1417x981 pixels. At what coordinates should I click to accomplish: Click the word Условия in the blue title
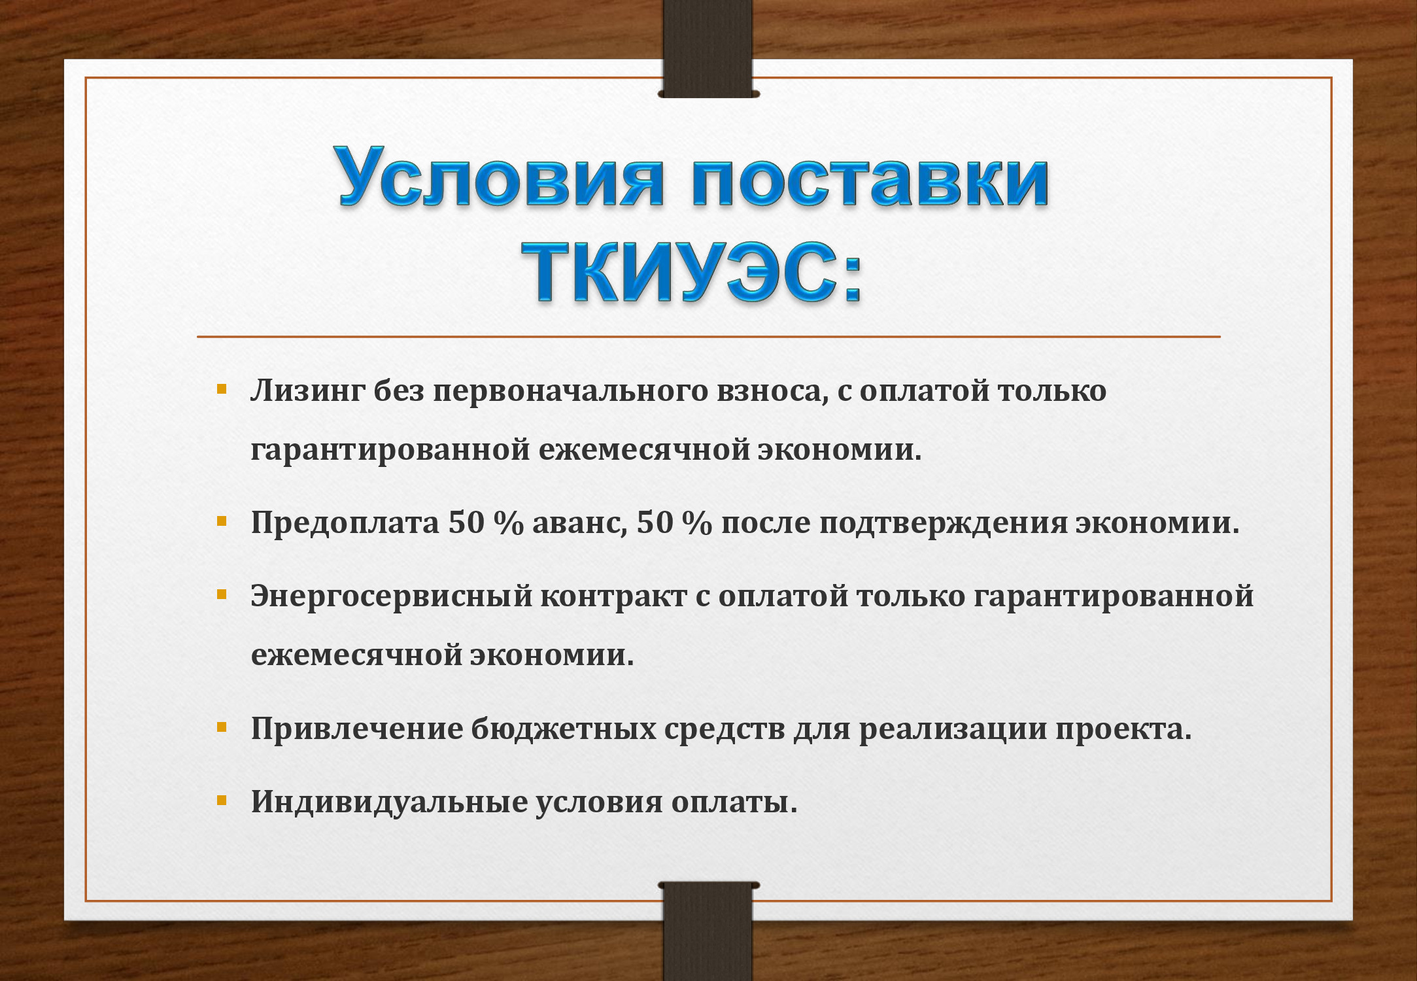pos(501,177)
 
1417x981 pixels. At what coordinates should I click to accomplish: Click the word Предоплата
pos(345,523)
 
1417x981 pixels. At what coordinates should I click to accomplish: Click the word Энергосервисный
pos(391,596)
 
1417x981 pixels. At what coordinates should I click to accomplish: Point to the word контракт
pos(613,596)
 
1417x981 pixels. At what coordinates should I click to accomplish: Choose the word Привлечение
pos(356,729)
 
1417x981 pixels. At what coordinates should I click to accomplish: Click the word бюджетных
pos(563,729)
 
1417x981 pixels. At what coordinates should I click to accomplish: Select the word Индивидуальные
pos(389,802)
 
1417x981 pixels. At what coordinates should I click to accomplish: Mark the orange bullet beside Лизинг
pos(222,390)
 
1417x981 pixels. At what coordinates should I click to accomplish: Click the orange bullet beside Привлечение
pos(222,727)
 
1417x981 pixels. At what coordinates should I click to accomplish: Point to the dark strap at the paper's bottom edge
pos(708,931)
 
